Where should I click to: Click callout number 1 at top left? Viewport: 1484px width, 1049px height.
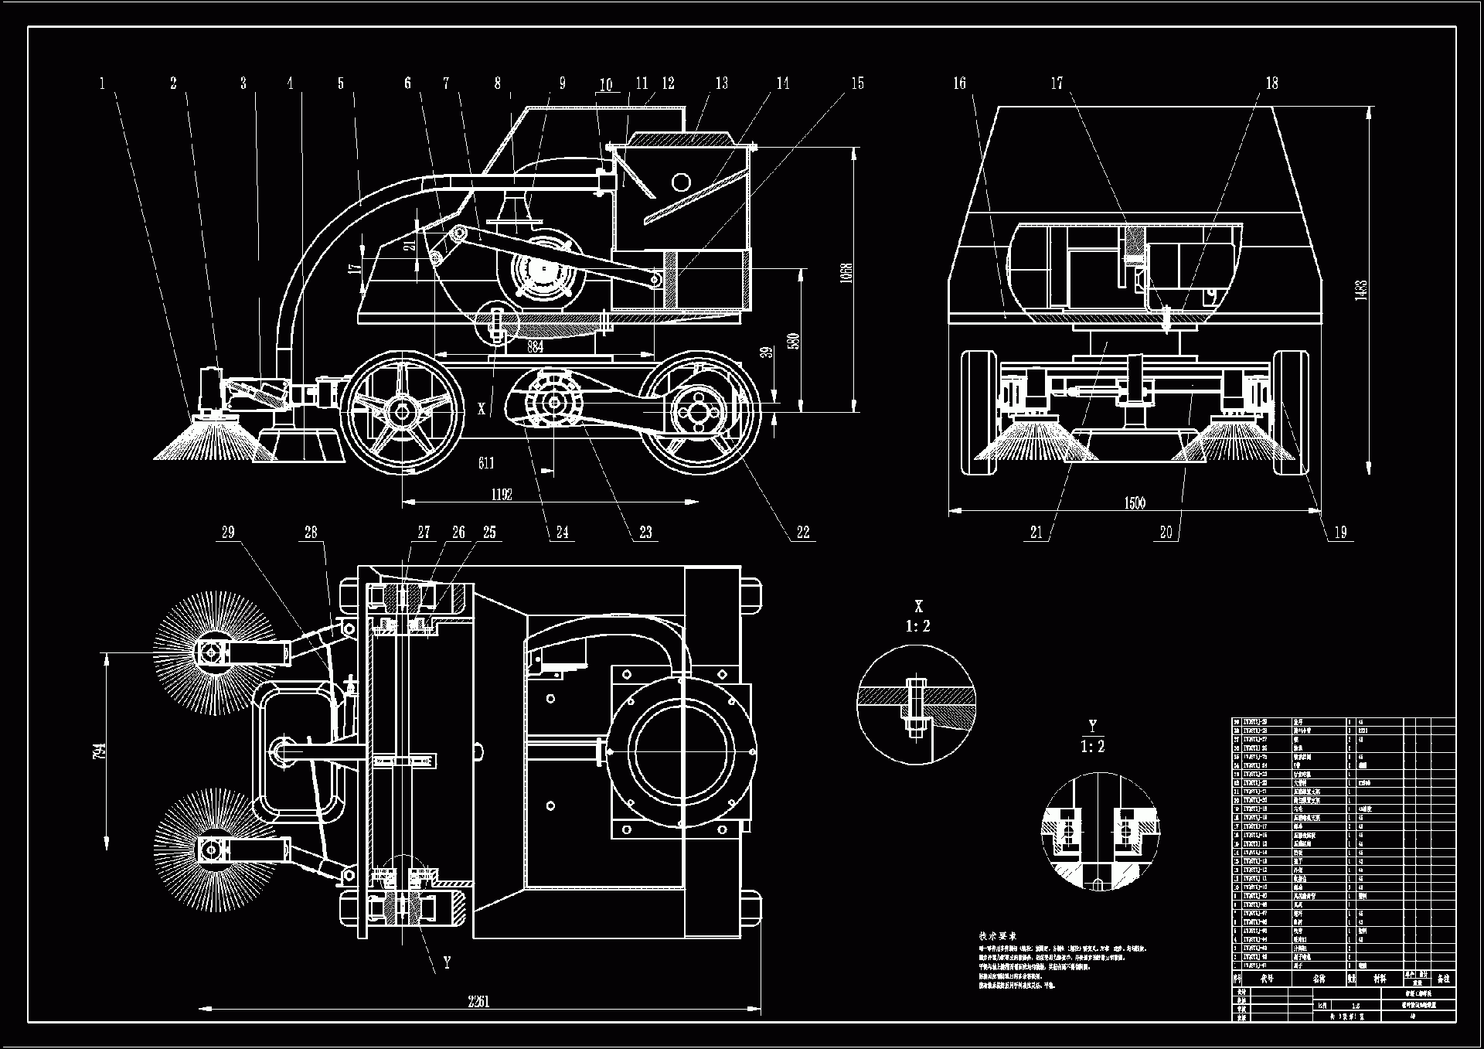102,83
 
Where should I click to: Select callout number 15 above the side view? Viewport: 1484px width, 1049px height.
857,83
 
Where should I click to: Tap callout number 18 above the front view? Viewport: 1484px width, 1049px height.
1271,83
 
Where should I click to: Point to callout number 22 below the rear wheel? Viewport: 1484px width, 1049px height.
803,532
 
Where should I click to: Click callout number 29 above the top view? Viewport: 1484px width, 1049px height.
228,532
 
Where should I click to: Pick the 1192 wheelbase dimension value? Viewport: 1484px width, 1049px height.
502,495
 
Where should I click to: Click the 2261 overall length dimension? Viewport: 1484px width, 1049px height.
478,1002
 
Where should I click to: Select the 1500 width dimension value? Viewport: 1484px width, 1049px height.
1135,503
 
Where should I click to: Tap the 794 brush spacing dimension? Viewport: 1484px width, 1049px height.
100,750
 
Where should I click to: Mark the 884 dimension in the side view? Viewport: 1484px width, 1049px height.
535,347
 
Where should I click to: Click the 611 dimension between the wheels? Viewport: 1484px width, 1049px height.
485,463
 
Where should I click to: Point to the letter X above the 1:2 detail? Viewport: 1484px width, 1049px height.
918,607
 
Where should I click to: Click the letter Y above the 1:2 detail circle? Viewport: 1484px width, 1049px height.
1092,726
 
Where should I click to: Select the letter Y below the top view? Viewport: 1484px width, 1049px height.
447,963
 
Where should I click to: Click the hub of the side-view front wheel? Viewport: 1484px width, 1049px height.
403,411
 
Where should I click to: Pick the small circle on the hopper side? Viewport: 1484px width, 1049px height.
681,182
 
